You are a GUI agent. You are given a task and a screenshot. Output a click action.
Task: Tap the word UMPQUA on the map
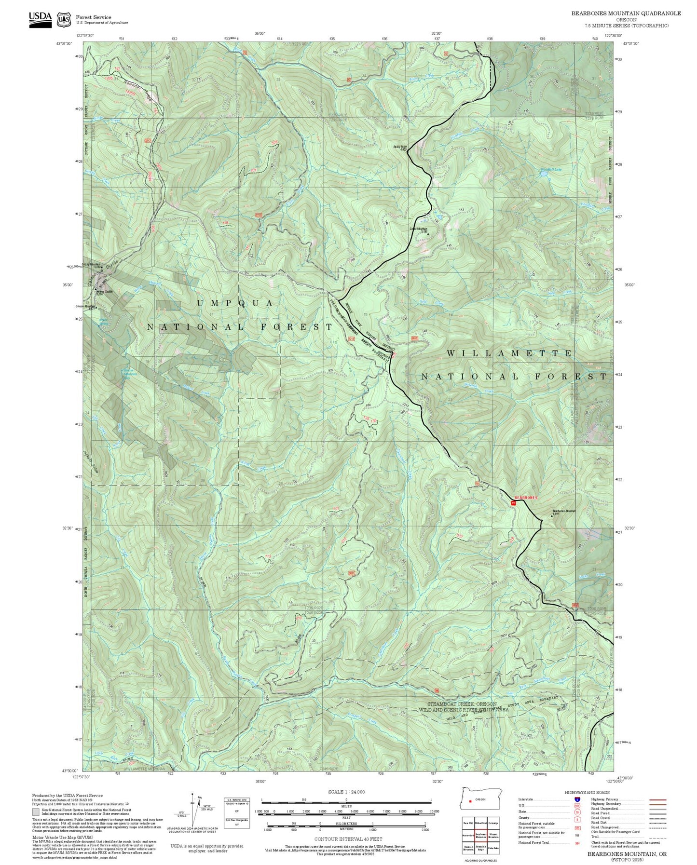click(x=235, y=303)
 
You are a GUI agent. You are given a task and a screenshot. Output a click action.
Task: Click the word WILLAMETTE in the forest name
click(x=509, y=353)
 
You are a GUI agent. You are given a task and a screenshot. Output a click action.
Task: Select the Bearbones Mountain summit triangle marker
click(x=552, y=516)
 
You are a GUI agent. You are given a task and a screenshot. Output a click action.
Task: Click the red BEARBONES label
click(x=526, y=497)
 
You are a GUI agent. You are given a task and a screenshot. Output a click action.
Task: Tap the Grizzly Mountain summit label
click(x=92, y=264)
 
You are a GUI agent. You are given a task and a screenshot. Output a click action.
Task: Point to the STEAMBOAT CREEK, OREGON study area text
click(x=462, y=704)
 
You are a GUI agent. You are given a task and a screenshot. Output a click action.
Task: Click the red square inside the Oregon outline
click(x=470, y=801)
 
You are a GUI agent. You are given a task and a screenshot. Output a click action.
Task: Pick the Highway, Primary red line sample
click(x=658, y=799)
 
